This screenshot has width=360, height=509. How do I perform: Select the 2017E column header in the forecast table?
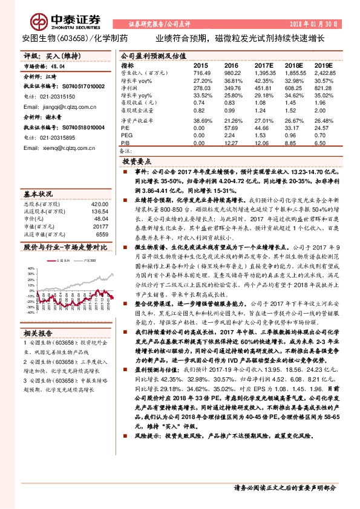pyautogui.click(x=264, y=65)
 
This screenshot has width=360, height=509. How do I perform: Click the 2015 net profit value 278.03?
pyautogui.click(x=201, y=88)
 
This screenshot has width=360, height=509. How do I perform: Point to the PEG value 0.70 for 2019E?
pyautogui.click(x=324, y=135)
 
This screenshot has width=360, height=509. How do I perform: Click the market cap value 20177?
pyautogui.click(x=100, y=226)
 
